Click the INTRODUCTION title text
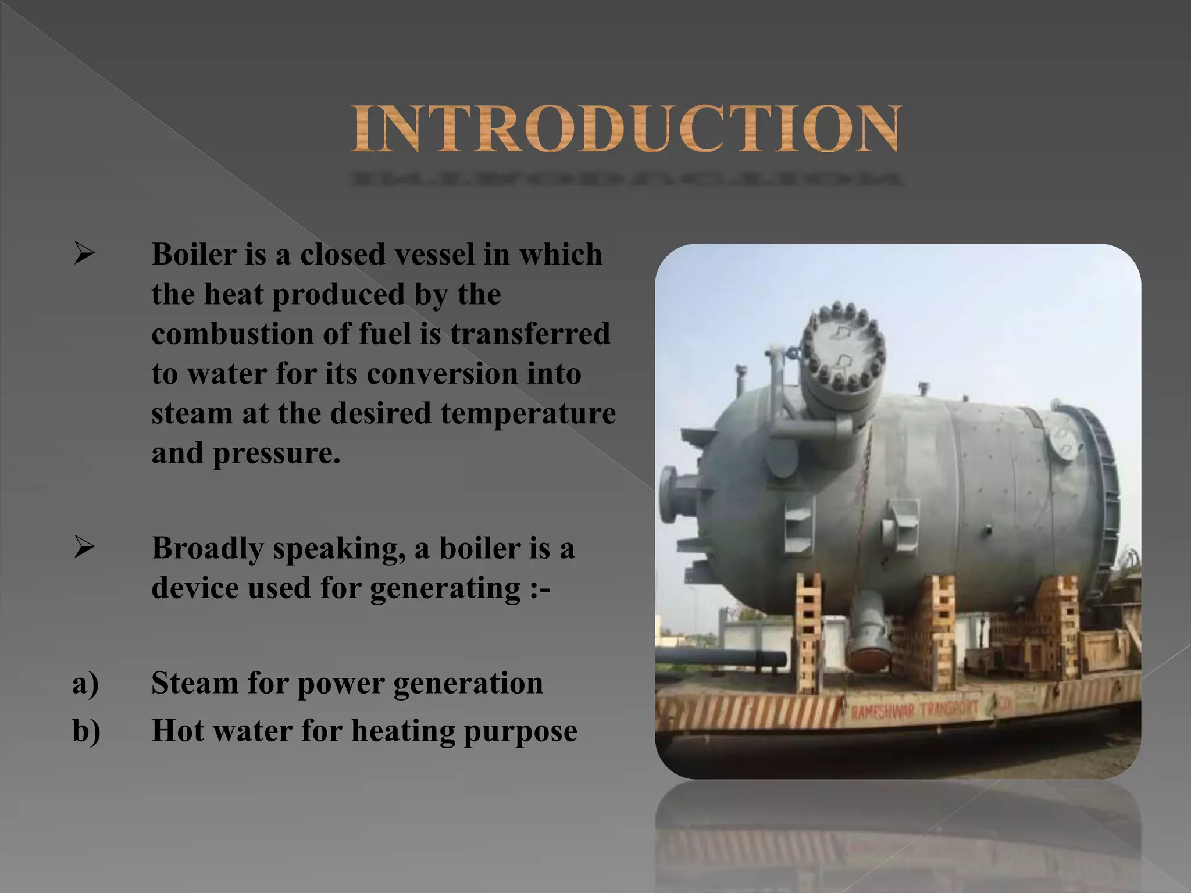pos(626,129)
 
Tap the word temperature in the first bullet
pos(527,413)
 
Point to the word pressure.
pos(276,453)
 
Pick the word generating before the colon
pos(445,588)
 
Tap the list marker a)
pos(85,683)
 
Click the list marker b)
pos(86,731)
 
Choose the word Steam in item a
pos(194,683)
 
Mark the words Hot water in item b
pos(222,731)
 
